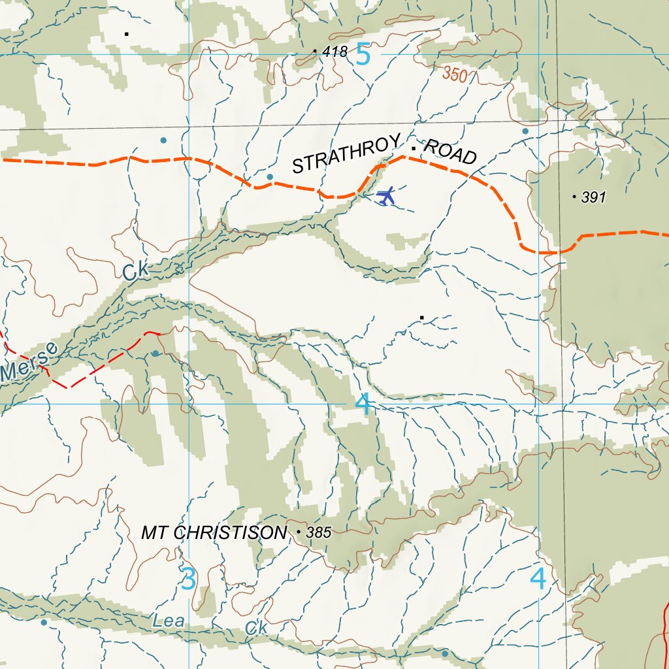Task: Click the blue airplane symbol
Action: pos(386,196)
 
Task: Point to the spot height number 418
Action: pos(335,52)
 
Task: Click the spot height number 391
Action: pos(593,197)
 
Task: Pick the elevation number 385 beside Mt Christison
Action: pos(319,533)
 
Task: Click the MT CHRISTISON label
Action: pos(214,533)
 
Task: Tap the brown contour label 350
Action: pos(455,75)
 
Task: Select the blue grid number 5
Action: pos(363,55)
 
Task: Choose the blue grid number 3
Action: pos(188,579)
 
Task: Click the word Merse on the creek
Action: pos(29,363)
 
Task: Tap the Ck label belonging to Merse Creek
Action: pos(136,270)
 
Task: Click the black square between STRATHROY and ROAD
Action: pos(414,148)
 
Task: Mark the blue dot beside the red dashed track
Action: pos(155,353)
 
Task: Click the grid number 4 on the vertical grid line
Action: pos(538,578)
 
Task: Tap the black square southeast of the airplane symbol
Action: pos(422,318)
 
